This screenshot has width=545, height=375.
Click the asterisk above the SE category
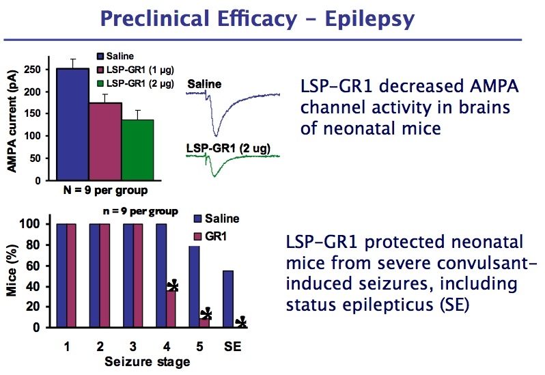coord(240,322)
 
